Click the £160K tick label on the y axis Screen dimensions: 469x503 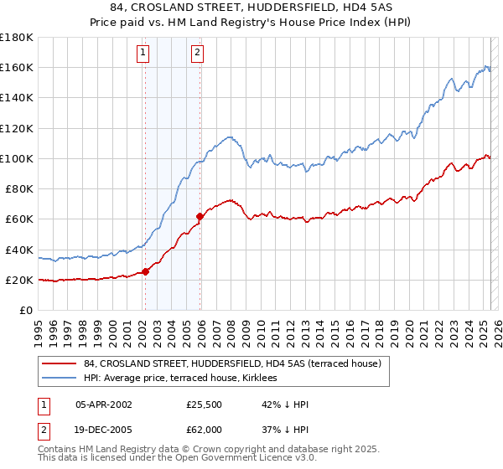pyautogui.click(x=16, y=67)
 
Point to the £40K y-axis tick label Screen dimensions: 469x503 pyautogui.click(x=18, y=250)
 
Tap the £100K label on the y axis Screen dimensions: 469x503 pyautogui.click(x=16, y=158)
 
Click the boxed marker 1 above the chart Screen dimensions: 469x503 pyautogui.click(x=143, y=53)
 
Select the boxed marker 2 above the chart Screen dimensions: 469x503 pyautogui.click(x=197, y=53)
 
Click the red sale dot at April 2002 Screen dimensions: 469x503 pyautogui.click(x=145, y=271)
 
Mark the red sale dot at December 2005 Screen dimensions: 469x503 pyautogui.click(x=200, y=216)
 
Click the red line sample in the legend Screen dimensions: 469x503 pyautogui.click(x=60, y=363)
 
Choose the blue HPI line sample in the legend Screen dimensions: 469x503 pyautogui.click(x=60, y=378)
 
